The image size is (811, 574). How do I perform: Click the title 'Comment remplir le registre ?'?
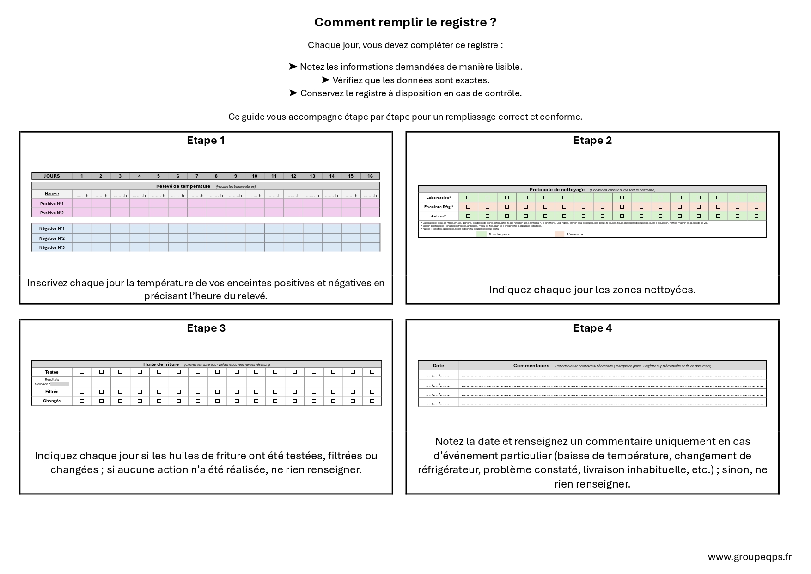(405, 22)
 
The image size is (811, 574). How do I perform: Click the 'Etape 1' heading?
(206, 140)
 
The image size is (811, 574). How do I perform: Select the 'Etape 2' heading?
(592, 140)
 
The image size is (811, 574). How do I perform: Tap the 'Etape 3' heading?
(206, 328)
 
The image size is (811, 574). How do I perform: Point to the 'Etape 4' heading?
(592, 328)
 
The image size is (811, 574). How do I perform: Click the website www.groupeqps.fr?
(750, 557)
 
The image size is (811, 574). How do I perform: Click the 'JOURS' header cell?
(52, 176)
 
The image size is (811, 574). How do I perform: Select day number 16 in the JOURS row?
(370, 176)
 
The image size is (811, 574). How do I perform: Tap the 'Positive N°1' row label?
(52, 204)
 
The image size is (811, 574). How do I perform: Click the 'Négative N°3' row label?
(52, 247)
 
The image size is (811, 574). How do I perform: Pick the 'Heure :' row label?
(52, 194)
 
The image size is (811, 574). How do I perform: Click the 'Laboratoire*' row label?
(439, 198)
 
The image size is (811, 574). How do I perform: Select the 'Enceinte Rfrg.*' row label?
(439, 207)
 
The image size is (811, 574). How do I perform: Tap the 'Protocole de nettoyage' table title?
(557, 190)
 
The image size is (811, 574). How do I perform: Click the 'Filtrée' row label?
(52, 392)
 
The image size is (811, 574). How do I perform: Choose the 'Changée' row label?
(52, 401)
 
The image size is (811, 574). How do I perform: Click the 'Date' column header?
(438, 366)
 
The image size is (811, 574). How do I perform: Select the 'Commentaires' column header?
(531, 366)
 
